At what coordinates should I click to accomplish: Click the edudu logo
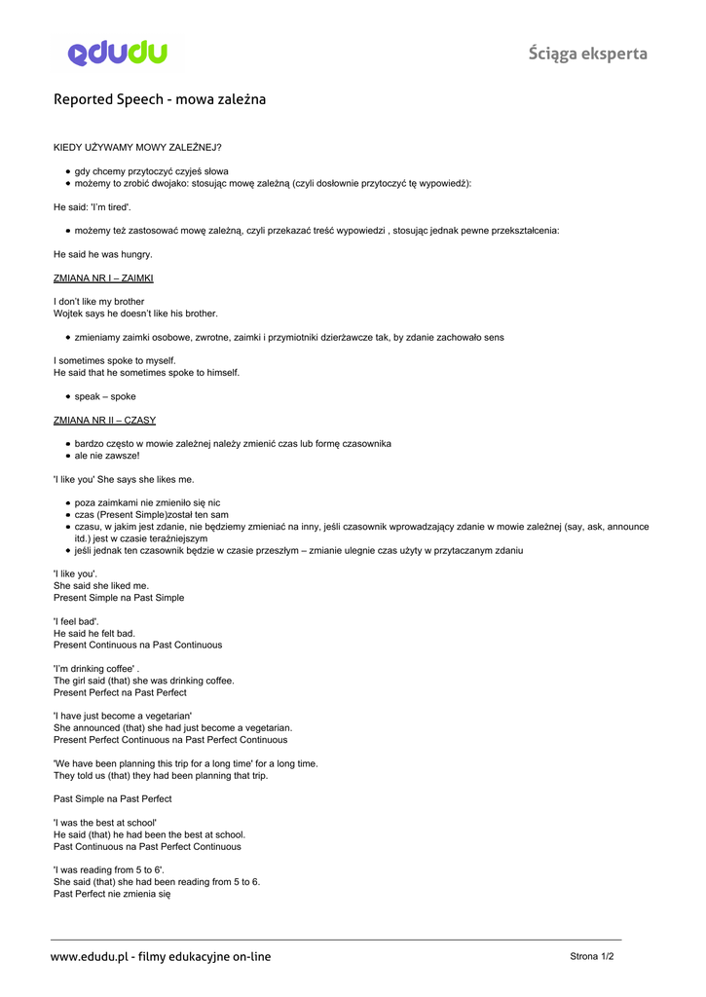pos(118,54)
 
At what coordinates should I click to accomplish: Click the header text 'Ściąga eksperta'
pos(587,54)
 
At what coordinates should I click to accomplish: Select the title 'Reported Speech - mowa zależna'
pos(159,99)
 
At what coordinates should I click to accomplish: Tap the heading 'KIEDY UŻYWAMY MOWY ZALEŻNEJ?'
pos(137,147)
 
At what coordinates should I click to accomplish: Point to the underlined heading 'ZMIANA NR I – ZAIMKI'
pos(103,277)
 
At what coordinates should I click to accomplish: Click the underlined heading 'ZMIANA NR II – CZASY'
pos(104,420)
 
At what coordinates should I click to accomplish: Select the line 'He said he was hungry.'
pos(102,254)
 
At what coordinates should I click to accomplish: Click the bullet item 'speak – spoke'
pos(105,396)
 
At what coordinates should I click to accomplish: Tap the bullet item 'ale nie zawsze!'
pos(107,456)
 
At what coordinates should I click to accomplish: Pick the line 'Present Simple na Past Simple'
pos(119,598)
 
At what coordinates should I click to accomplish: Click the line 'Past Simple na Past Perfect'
pos(112,798)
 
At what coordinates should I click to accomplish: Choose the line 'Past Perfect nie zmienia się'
pos(112,894)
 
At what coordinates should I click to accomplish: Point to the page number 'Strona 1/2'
pos(591,956)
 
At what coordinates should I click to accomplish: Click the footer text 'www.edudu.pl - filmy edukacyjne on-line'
pos(161,957)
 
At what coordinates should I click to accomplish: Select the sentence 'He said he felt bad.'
pos(94,633)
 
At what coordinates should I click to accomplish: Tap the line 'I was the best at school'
pos(105,823)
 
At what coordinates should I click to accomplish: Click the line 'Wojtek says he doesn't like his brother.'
pos(135,314)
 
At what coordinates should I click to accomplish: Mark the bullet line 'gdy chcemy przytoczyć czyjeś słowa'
pos(151,170)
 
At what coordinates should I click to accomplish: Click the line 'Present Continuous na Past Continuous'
pos(137,645)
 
